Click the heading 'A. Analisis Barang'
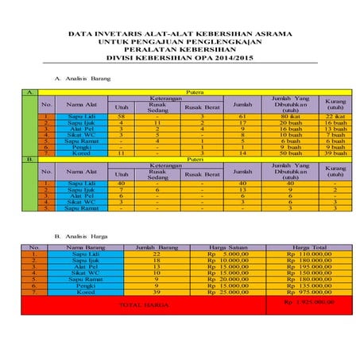(81, 79)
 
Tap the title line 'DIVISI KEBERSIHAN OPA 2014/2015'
(180, 57)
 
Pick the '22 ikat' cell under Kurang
(335, 117)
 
